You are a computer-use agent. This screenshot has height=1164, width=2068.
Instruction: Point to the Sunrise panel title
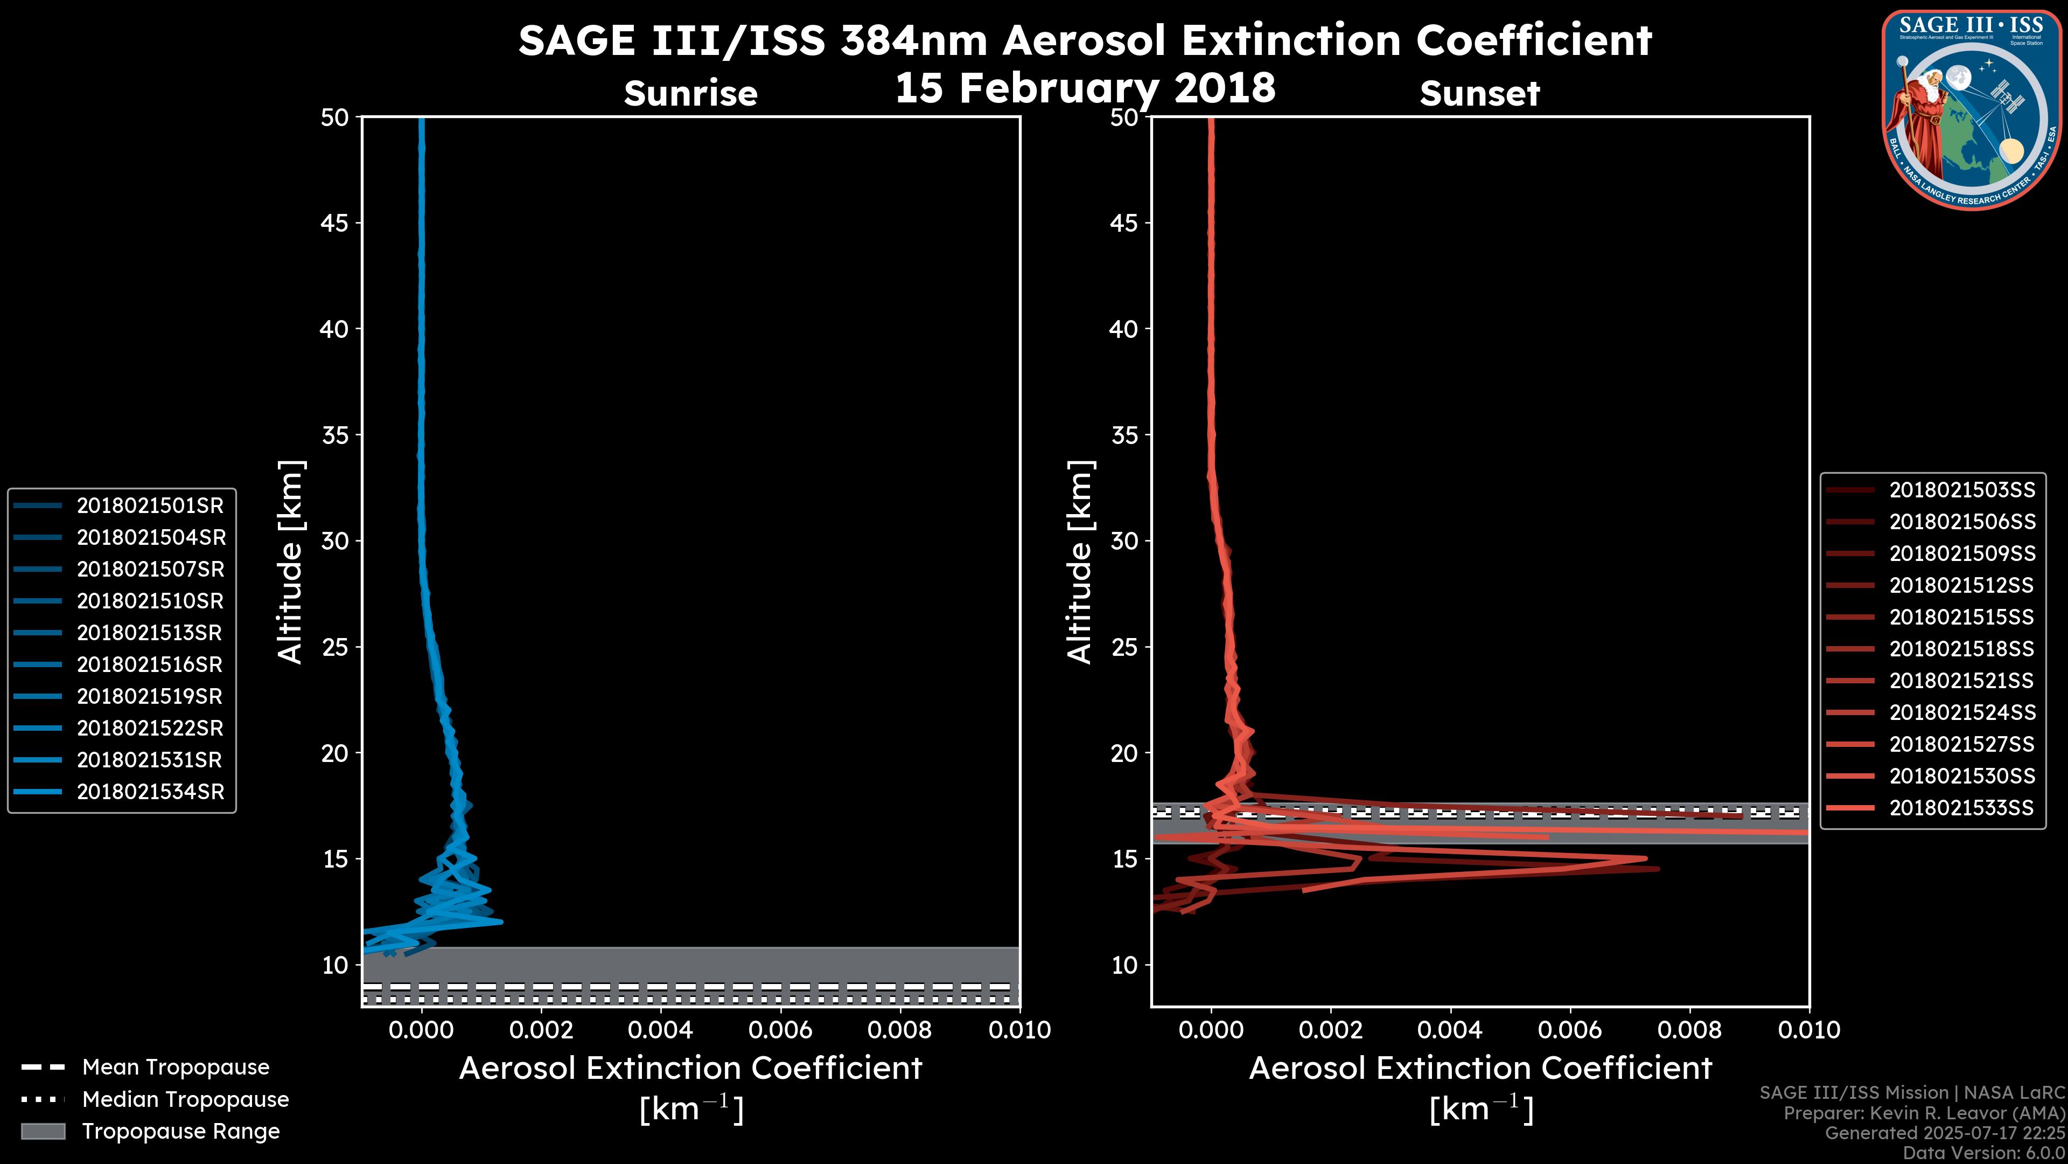click(690, 93)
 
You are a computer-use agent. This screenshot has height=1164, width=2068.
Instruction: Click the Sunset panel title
click(1479, 93)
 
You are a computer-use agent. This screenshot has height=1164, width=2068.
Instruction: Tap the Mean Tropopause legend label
click(176, 1067)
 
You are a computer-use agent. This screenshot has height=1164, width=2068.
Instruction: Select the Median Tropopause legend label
click(185, 1099)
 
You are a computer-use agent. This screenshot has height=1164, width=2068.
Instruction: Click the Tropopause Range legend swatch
click(43, 1131)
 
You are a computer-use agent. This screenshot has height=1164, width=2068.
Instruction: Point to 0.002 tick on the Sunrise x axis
click(540, 1030)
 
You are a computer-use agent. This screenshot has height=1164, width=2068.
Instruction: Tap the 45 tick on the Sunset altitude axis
click(1124, 223)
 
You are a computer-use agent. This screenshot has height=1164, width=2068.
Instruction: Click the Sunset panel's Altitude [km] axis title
click(1080, 562)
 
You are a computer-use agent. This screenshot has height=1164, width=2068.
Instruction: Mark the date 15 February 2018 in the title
click(1085, 87)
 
